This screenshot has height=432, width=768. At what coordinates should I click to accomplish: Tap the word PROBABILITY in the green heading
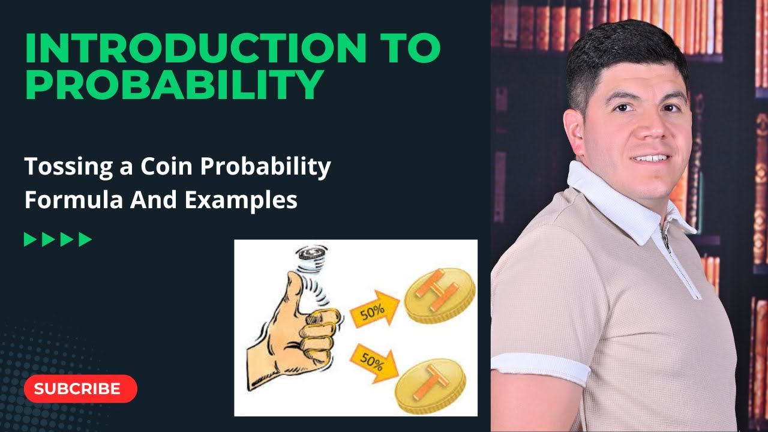pyautogui.click(x=174, y=85)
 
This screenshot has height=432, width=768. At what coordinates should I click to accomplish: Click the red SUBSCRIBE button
pyautogui.click(x=80, y=389)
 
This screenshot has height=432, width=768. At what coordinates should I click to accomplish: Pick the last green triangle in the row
pyautogui.click(x=85, y=240)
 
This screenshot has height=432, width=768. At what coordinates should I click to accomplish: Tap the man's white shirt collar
pyautogui.click(x=606, y=198)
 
